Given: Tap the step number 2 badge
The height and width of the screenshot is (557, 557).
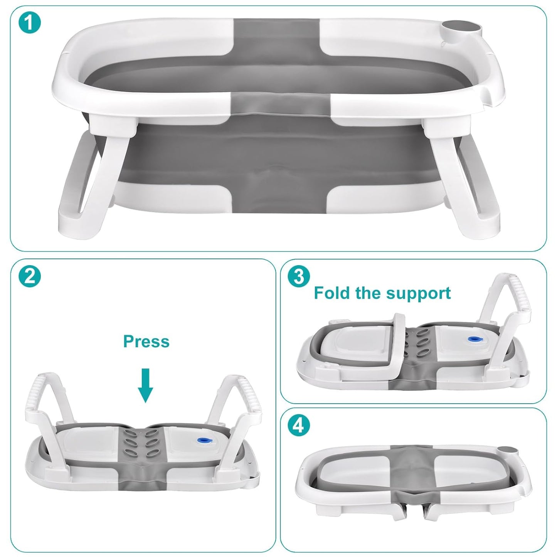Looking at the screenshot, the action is [30, 277].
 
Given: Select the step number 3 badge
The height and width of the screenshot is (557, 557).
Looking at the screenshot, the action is [299, 277].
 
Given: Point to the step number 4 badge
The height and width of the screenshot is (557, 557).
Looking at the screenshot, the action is [299, 426].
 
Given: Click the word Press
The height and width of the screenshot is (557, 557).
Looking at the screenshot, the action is [146, 342].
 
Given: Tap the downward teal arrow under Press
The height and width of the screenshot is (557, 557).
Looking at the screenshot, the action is [145, 385].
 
